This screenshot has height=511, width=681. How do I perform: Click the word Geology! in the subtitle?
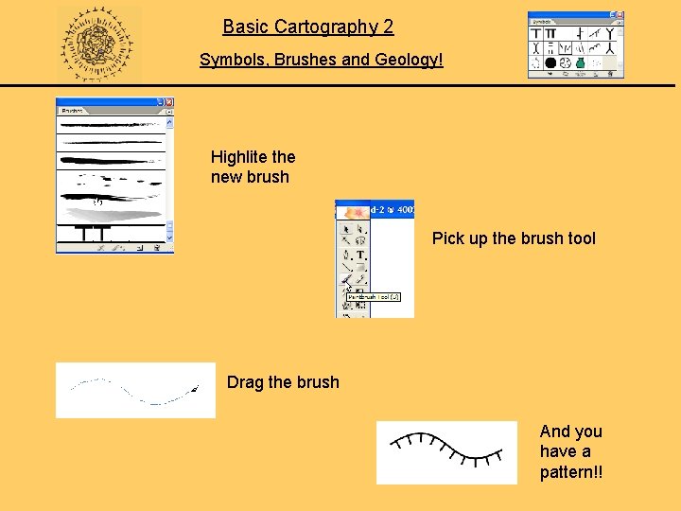(408, 60)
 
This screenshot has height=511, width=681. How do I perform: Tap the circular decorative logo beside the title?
(97, 44)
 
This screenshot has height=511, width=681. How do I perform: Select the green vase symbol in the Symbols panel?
(581, 62)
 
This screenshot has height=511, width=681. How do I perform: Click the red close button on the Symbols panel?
(620, 16)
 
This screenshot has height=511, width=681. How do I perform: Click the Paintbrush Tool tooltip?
(374, 297)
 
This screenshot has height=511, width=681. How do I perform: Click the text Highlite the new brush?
(253, 167)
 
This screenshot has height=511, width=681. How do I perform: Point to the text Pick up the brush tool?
(514, 238)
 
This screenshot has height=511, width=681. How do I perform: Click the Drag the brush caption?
(283, 382)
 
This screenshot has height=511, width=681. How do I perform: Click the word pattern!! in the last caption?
(570, 471)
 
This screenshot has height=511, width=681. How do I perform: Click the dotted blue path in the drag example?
(132, 391)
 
